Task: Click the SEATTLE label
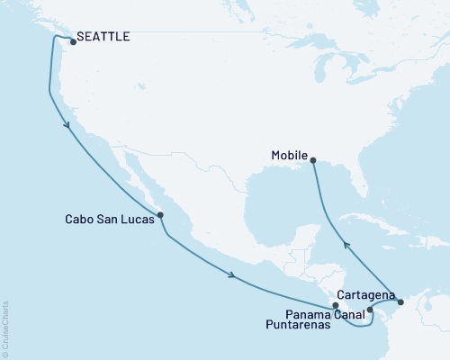point(103,38)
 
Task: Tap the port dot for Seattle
point(72,41)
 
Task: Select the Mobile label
point(289,154)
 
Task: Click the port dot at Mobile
point(313,160)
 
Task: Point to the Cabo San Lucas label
point(109,218)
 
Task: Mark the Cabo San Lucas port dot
point(160,215)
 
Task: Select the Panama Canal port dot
point(370,310)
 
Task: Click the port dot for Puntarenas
point(336,307)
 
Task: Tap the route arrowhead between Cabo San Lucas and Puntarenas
point(232,275)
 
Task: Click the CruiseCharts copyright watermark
point(5,328)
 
